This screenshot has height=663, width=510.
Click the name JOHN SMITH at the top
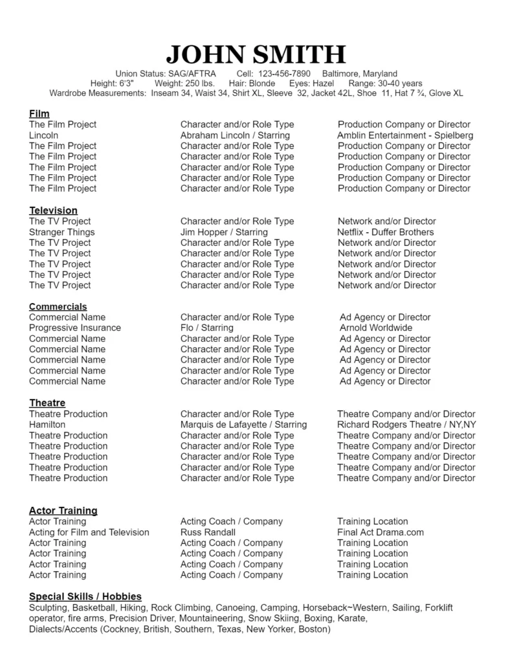[255, 54]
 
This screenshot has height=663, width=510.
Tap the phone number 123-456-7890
[284, 74]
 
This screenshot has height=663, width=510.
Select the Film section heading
[39, 114]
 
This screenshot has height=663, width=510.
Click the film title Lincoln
[43, 135]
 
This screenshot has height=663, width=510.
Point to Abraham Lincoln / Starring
[235, 135]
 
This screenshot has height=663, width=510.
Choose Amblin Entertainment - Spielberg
[405, 135]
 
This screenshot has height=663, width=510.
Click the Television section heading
[53, 210]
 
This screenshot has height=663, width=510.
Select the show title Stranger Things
[61, 232]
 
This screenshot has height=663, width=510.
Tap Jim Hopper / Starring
[224, 232]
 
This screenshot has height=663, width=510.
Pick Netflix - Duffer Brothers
[386, 232]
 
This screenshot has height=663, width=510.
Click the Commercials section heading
[58, 307]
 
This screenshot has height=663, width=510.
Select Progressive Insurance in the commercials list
[74, 328]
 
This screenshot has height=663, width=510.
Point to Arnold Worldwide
[376, 328]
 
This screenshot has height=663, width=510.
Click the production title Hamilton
[47, 425]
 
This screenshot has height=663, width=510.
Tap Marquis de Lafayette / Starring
[243, 425]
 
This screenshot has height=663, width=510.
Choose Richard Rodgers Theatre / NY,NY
[406, 425]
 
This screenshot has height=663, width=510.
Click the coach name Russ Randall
[208, 532]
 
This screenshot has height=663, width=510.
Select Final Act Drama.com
[381, 532]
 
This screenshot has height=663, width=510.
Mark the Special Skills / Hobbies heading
[85, 596]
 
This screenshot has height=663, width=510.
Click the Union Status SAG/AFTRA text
[166, 74]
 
